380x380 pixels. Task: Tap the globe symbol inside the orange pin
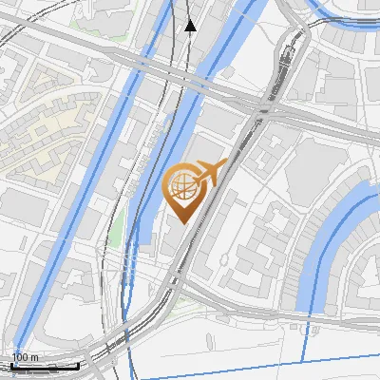[181, 188]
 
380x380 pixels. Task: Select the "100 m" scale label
[25, 357]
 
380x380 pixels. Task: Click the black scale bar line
[45, 366]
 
